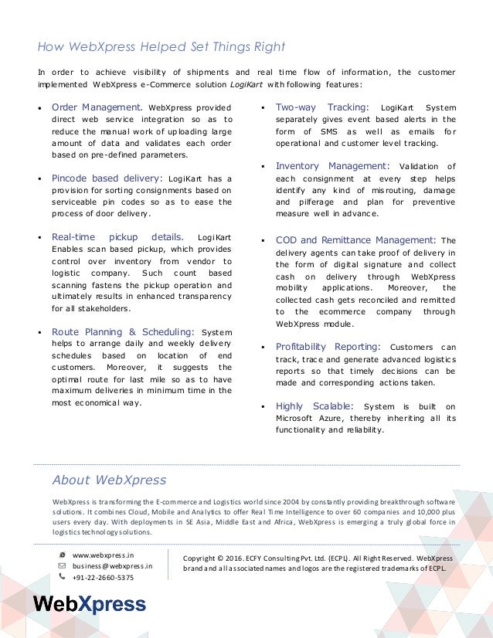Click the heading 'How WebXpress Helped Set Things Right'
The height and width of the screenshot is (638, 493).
tap(161, 46)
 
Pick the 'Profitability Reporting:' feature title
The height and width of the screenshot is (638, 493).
tap(328, 345)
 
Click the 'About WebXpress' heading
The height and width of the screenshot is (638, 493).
tap(109, 480)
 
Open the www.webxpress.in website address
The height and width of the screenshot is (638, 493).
tap(103, 555)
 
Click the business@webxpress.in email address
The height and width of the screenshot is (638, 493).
tap(112, 565)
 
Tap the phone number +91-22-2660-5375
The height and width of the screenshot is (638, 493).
tap(103, 577)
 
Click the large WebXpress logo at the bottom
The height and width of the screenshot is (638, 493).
tap(89, 604)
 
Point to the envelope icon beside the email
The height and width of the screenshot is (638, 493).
tap(62, 565)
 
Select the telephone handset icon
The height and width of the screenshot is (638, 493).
tap(62, 576)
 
